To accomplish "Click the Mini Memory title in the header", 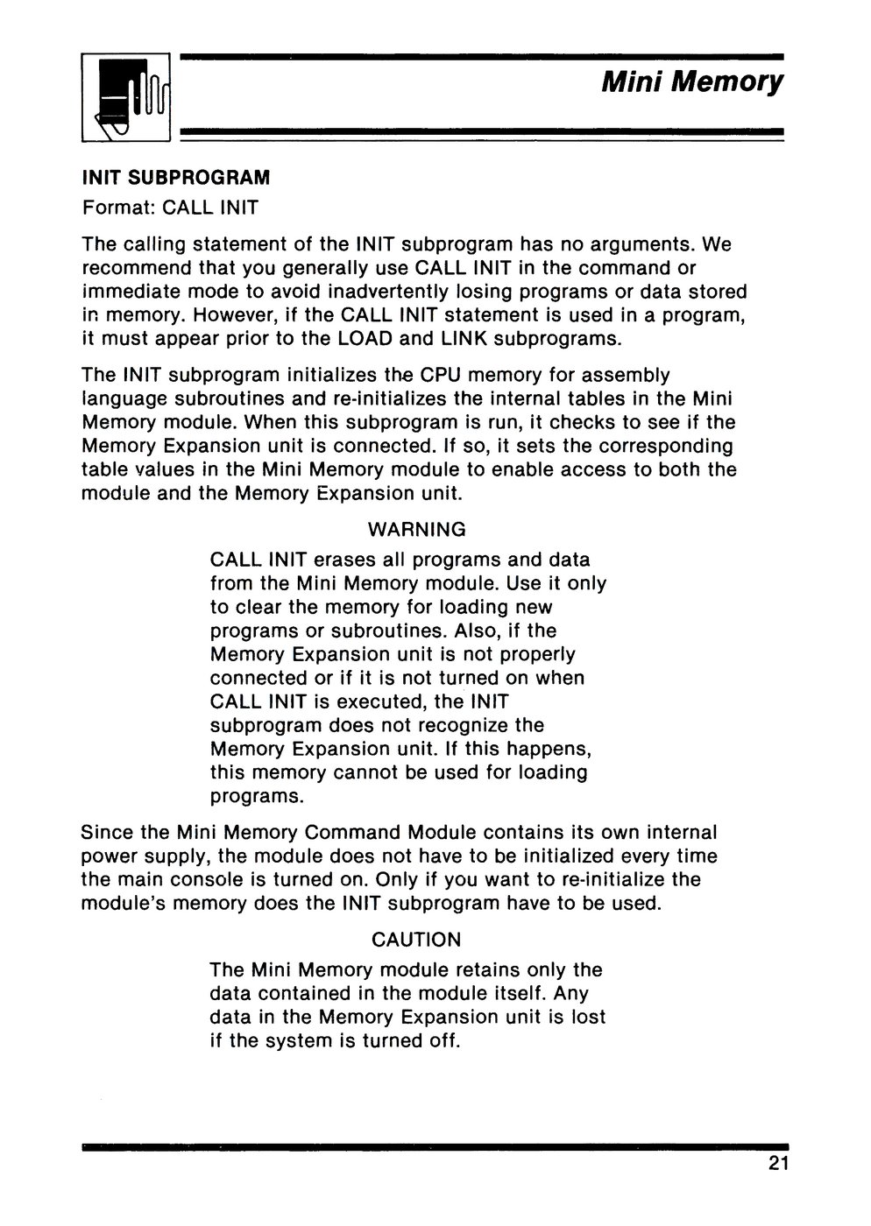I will point(692,81).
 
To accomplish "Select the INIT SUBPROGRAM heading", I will point(176,178).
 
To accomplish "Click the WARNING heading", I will point(416,530).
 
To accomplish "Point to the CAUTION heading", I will point(416,940).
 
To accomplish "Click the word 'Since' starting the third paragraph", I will point(106,832).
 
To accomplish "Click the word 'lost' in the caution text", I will point(588,1018).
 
